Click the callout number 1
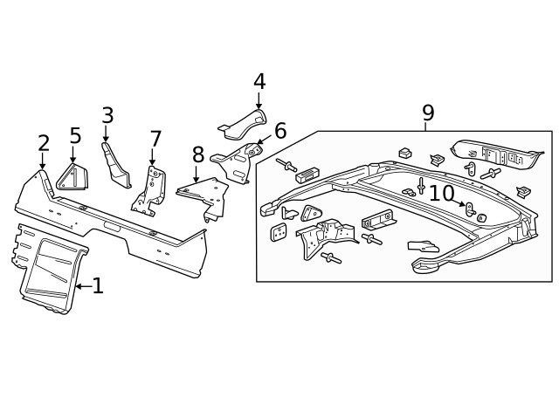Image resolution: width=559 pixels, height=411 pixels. pyautogui.click(x=98, y=285)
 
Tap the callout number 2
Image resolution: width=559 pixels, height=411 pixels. pyautogui.click(x=43, y=144)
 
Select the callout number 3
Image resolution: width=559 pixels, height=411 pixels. pyautogui.click(x=107, y=115)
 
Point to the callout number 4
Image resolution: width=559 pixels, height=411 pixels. pyautogui.click(x=259, y=81)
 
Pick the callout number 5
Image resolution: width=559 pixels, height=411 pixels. pyautogui.click(x=75, y=136)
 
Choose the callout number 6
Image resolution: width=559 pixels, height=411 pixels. pyautogui.click(x=279, y=131)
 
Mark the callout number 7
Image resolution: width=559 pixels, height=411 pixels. pyautogui.click(x=155, y=139)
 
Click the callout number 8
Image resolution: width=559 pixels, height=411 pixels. pyautogui.click(x=198, y=154)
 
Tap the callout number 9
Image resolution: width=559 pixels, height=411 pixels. pyautogui.click(x=427, y=112)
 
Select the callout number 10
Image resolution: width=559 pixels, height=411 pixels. pyautogui.click(x=441, y=193)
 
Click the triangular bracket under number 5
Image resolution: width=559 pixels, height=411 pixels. pyautogui.click(x=71, y=177)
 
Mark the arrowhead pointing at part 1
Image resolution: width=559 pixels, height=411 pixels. pyautogui.click(x=78, y=285)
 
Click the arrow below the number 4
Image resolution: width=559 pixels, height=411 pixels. pyautogui.click(x=259, y=103)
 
